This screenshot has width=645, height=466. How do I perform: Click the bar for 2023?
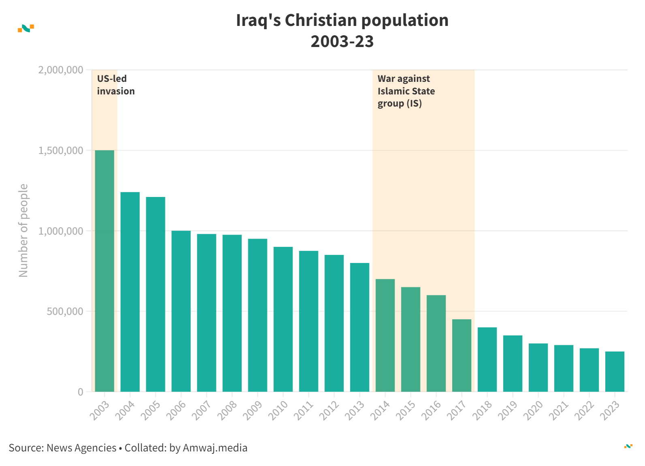[615, 372]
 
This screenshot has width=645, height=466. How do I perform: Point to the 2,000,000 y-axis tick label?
[61, 70]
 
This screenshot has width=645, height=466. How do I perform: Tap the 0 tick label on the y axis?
[80, 392]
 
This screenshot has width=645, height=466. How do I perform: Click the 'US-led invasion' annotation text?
[115, 85]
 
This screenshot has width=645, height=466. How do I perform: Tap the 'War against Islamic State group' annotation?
[406, 91]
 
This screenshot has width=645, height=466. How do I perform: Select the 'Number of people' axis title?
[23, 231]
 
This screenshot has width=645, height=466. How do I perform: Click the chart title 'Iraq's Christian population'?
[342, 20]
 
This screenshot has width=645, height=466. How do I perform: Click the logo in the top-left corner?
[26, 28]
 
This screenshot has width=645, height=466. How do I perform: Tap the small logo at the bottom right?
[628, 446]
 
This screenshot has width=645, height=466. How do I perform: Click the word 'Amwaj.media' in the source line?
[215, 448]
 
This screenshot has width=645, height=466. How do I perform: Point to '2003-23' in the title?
[342, 41]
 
